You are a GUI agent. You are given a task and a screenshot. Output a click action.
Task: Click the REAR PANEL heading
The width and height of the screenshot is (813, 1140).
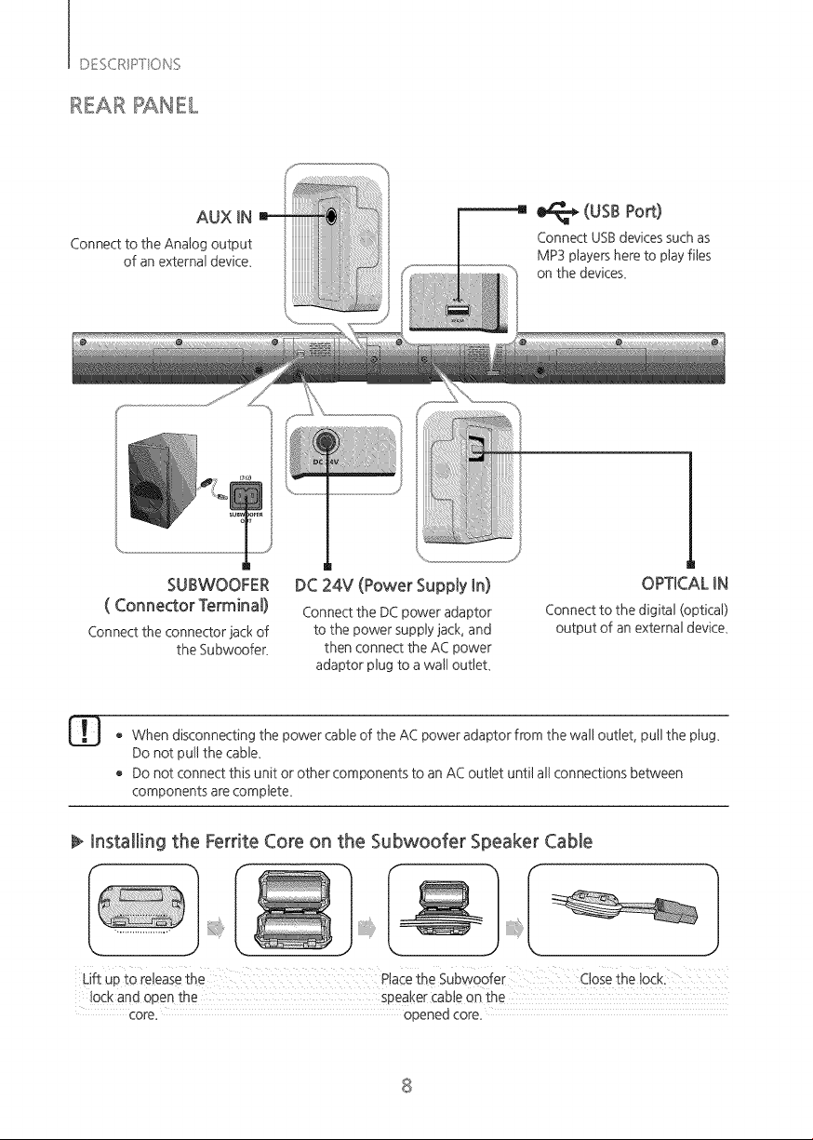(x=133, y=105)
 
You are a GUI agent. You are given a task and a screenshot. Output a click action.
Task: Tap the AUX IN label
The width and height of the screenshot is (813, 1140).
(x=224, y=218)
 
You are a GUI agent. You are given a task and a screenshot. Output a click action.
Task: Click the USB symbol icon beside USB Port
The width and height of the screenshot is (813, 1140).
(x=557, y=212)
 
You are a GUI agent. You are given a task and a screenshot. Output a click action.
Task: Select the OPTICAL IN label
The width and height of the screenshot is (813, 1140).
(x=685, y=583)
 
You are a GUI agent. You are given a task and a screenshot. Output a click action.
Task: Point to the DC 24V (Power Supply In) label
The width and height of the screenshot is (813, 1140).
(x=393, y=585)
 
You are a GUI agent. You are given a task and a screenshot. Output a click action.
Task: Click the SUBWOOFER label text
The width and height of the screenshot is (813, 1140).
(x=218, y=584)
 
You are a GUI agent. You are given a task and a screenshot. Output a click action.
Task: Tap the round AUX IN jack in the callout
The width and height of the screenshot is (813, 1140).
(x=331, y=216)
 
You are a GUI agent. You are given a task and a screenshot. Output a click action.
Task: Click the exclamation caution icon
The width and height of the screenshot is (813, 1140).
(x=85, y=731)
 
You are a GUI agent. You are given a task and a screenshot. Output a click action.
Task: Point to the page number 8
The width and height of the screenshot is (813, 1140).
(x=406, y=1085)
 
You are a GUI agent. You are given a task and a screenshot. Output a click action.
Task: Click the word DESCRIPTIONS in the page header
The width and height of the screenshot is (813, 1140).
(x=129, y=64)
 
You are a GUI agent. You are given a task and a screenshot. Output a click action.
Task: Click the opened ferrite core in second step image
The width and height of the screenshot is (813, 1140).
(x=294, y=908)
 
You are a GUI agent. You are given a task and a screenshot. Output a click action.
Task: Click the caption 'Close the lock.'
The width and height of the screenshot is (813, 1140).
(x=622, y=979)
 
